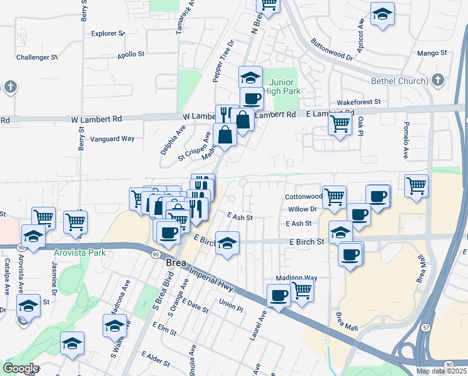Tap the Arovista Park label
[x=79, y=253]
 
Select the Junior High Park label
[x=285, y=86]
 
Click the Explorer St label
[x=108, y=33]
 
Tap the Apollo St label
[x=131, y=55]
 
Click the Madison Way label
[x=297, y=278]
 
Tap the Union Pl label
[x=231, y=305]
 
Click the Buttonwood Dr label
[x=332, y=50]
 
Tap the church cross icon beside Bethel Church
[x=438, y=80]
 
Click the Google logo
[x=20, y=368]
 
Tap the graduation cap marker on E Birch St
[x=228, y=243]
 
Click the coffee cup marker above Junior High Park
[x=252, y=98]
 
